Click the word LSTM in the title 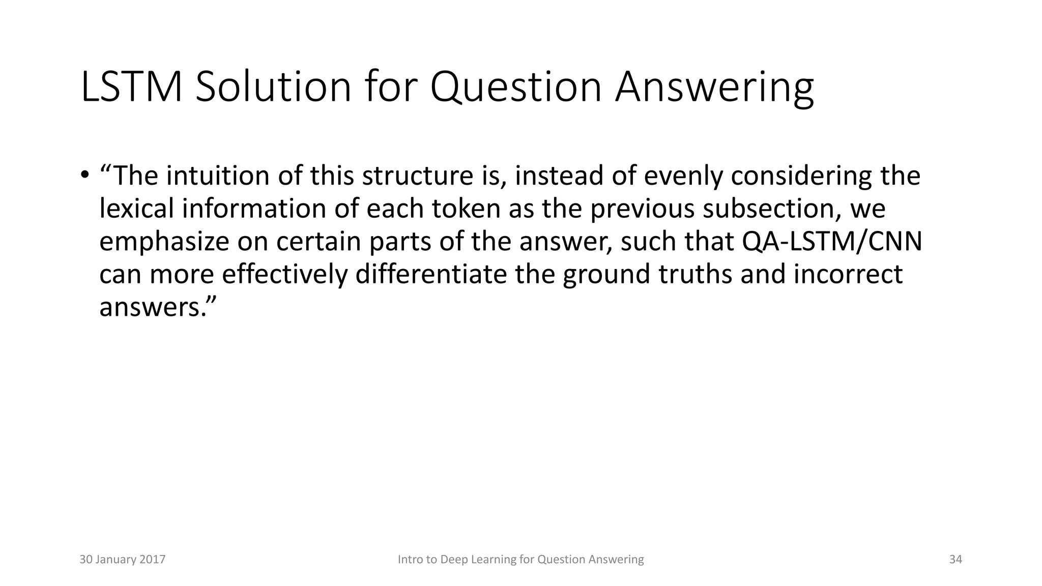tap(131, 87)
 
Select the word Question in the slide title tap(516, 87)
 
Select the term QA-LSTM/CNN tap(832, 242)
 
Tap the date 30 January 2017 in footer tap(122, 560)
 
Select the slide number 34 tap(956, 560)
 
